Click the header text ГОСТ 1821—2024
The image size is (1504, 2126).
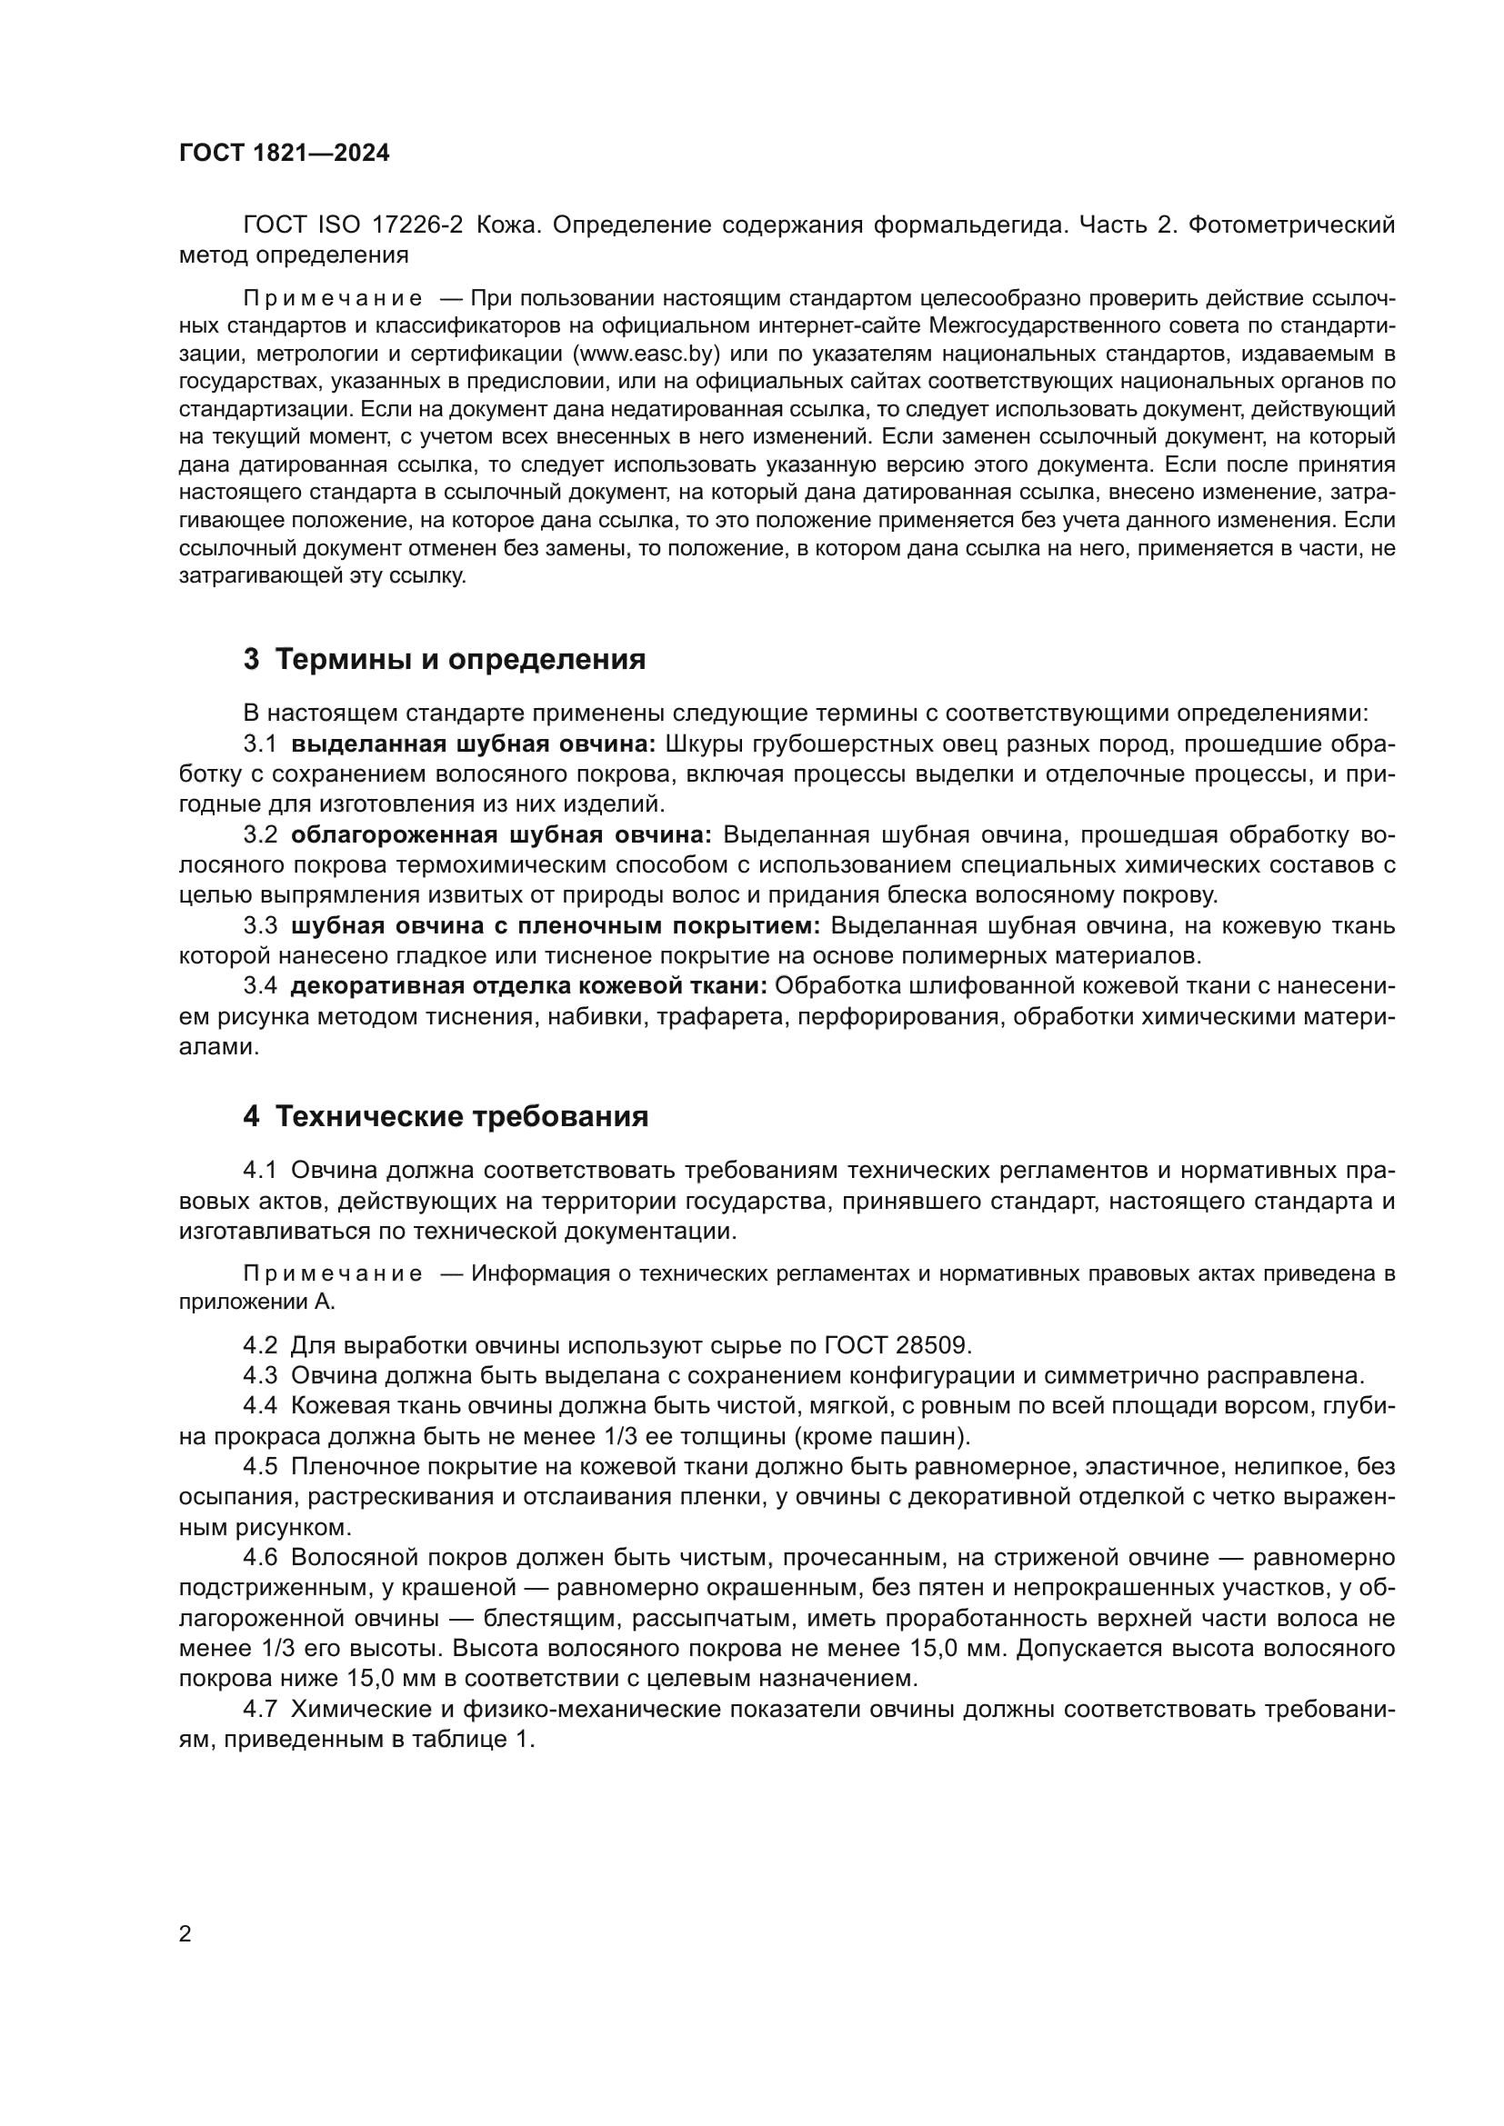[x=285, y=154]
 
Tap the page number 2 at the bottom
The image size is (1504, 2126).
[x=185, y=1934]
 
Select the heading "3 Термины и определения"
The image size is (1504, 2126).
[x=445, y=659]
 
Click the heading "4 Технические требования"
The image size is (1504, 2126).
[x=446, y=1117]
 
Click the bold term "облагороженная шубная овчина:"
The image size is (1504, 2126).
[x=501, y=835]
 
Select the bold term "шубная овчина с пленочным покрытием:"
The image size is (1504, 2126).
[x=556, y=926]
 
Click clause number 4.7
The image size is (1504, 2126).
[x=260, y=1710]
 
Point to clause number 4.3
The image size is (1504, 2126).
[x=260, y=1375]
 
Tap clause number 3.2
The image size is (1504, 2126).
[x=260, y=835]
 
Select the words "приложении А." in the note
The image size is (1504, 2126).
[x=256, y=1302]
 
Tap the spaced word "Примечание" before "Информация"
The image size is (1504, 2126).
[x=333, y=1274]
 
